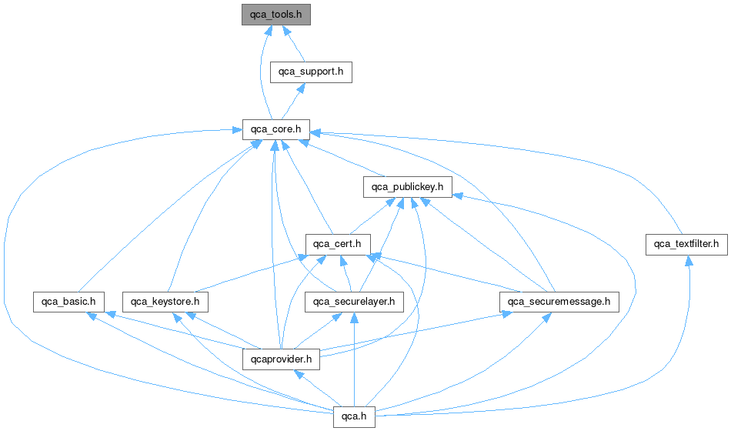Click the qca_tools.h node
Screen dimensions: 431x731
click(x=275, y=15)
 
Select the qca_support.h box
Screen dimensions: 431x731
click(x=311, y=72)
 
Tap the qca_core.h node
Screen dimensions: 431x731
click(x=275, y=129)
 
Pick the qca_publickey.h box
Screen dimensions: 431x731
click(x=407, y=186)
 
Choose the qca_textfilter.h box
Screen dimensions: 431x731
click(x=686, y=244)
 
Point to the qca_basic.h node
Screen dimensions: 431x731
click(x=68, y=301)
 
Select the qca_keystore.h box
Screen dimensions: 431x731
click(x=165, y=301)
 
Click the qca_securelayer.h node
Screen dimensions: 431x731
click(x=353, y=301)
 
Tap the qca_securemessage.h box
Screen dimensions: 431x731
click(x=559, y=301)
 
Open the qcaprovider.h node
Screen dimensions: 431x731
click(x=281, y=358)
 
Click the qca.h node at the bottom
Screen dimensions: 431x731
click(x=353, y=416)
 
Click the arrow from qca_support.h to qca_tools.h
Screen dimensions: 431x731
click(x=294, y=45)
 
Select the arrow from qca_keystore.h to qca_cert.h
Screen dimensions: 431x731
click(x=246, y=273)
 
